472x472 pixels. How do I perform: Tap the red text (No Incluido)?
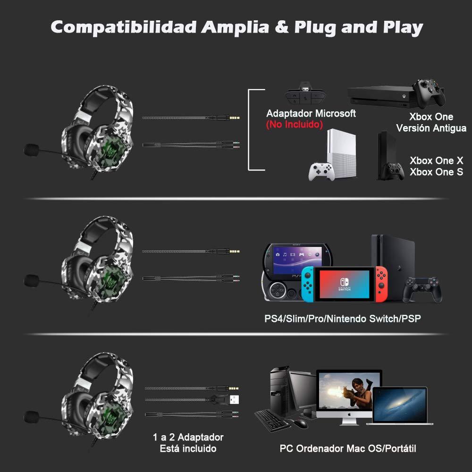point(294,124)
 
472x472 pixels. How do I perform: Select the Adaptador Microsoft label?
point(311,113)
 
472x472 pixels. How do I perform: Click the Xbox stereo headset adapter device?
point(304,94)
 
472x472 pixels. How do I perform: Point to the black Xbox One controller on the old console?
point(429,93)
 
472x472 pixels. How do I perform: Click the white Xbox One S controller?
point(321,172)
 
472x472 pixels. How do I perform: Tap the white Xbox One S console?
point(342,153)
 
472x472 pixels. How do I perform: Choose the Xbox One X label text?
point(436,160)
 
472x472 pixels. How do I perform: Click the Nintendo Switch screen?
point(345,284)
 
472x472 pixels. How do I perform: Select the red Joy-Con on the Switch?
point(381,284)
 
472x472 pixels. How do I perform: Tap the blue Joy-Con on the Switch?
point(308,284)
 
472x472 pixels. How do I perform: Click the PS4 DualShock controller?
point(422,289)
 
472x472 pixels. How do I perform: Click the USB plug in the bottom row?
point(235,400)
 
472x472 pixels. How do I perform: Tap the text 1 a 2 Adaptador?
point(188,437)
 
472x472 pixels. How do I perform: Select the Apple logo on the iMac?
point(349,414)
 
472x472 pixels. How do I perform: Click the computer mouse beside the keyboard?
point(300,423)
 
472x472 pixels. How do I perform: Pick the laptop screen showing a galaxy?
point(400,405)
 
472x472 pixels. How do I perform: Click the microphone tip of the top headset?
point(31,150)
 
